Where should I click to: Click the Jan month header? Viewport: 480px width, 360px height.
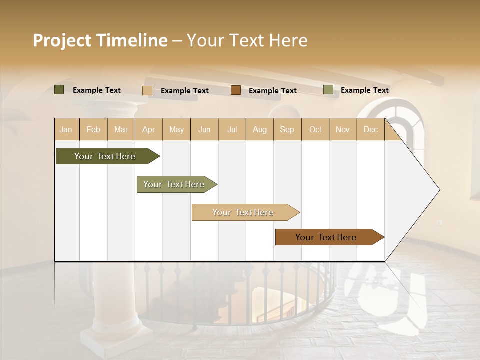[66, 129]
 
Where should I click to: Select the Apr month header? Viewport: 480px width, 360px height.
[149, 129]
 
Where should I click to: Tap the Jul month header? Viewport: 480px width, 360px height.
[232, 129]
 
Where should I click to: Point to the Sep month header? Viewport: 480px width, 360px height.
[287, 129]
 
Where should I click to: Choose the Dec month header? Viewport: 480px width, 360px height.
[370, 129]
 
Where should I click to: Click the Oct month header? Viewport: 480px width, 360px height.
[315, 129]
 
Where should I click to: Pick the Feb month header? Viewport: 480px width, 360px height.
[93, 129]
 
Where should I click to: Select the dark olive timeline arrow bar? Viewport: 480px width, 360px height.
[105, 156]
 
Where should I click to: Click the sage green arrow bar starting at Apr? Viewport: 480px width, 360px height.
[174, 184]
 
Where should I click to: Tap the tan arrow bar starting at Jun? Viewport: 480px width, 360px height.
[243, 212]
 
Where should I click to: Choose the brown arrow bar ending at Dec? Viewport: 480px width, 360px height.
[326, 237]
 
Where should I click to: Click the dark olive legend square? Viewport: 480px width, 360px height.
[59, 90]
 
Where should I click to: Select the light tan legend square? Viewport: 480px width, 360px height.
[147, 90]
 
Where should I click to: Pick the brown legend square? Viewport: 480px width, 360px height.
[236, 90]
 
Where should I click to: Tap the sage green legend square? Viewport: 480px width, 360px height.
[328, 90]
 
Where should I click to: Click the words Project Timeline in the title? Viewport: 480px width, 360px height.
[100, 40]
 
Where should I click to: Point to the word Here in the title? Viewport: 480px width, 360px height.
[288, 40]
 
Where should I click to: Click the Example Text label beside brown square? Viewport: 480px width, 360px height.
[272, 91]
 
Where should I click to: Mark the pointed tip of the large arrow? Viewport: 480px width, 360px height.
[439, 190]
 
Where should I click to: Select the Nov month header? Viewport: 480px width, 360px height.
[343, 129]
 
